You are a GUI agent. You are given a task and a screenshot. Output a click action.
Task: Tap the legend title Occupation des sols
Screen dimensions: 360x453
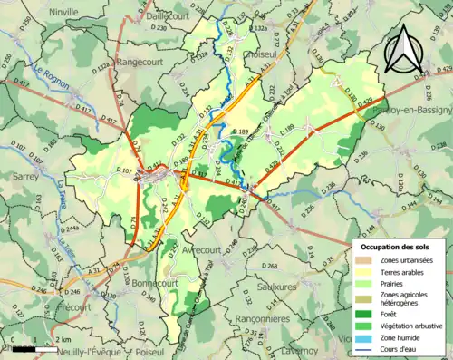click(x=397, y=247)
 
